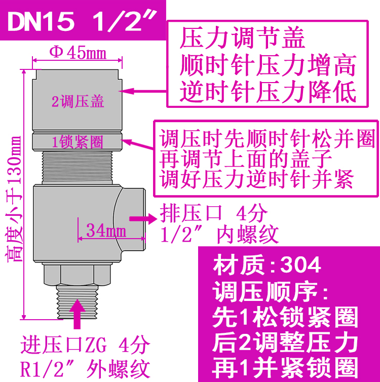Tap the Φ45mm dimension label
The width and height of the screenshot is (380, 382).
point(78,52)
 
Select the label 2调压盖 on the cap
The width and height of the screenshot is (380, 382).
point(78,101)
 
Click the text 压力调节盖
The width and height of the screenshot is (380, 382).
point(243,39)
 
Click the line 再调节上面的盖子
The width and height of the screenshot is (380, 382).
point(246,159)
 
